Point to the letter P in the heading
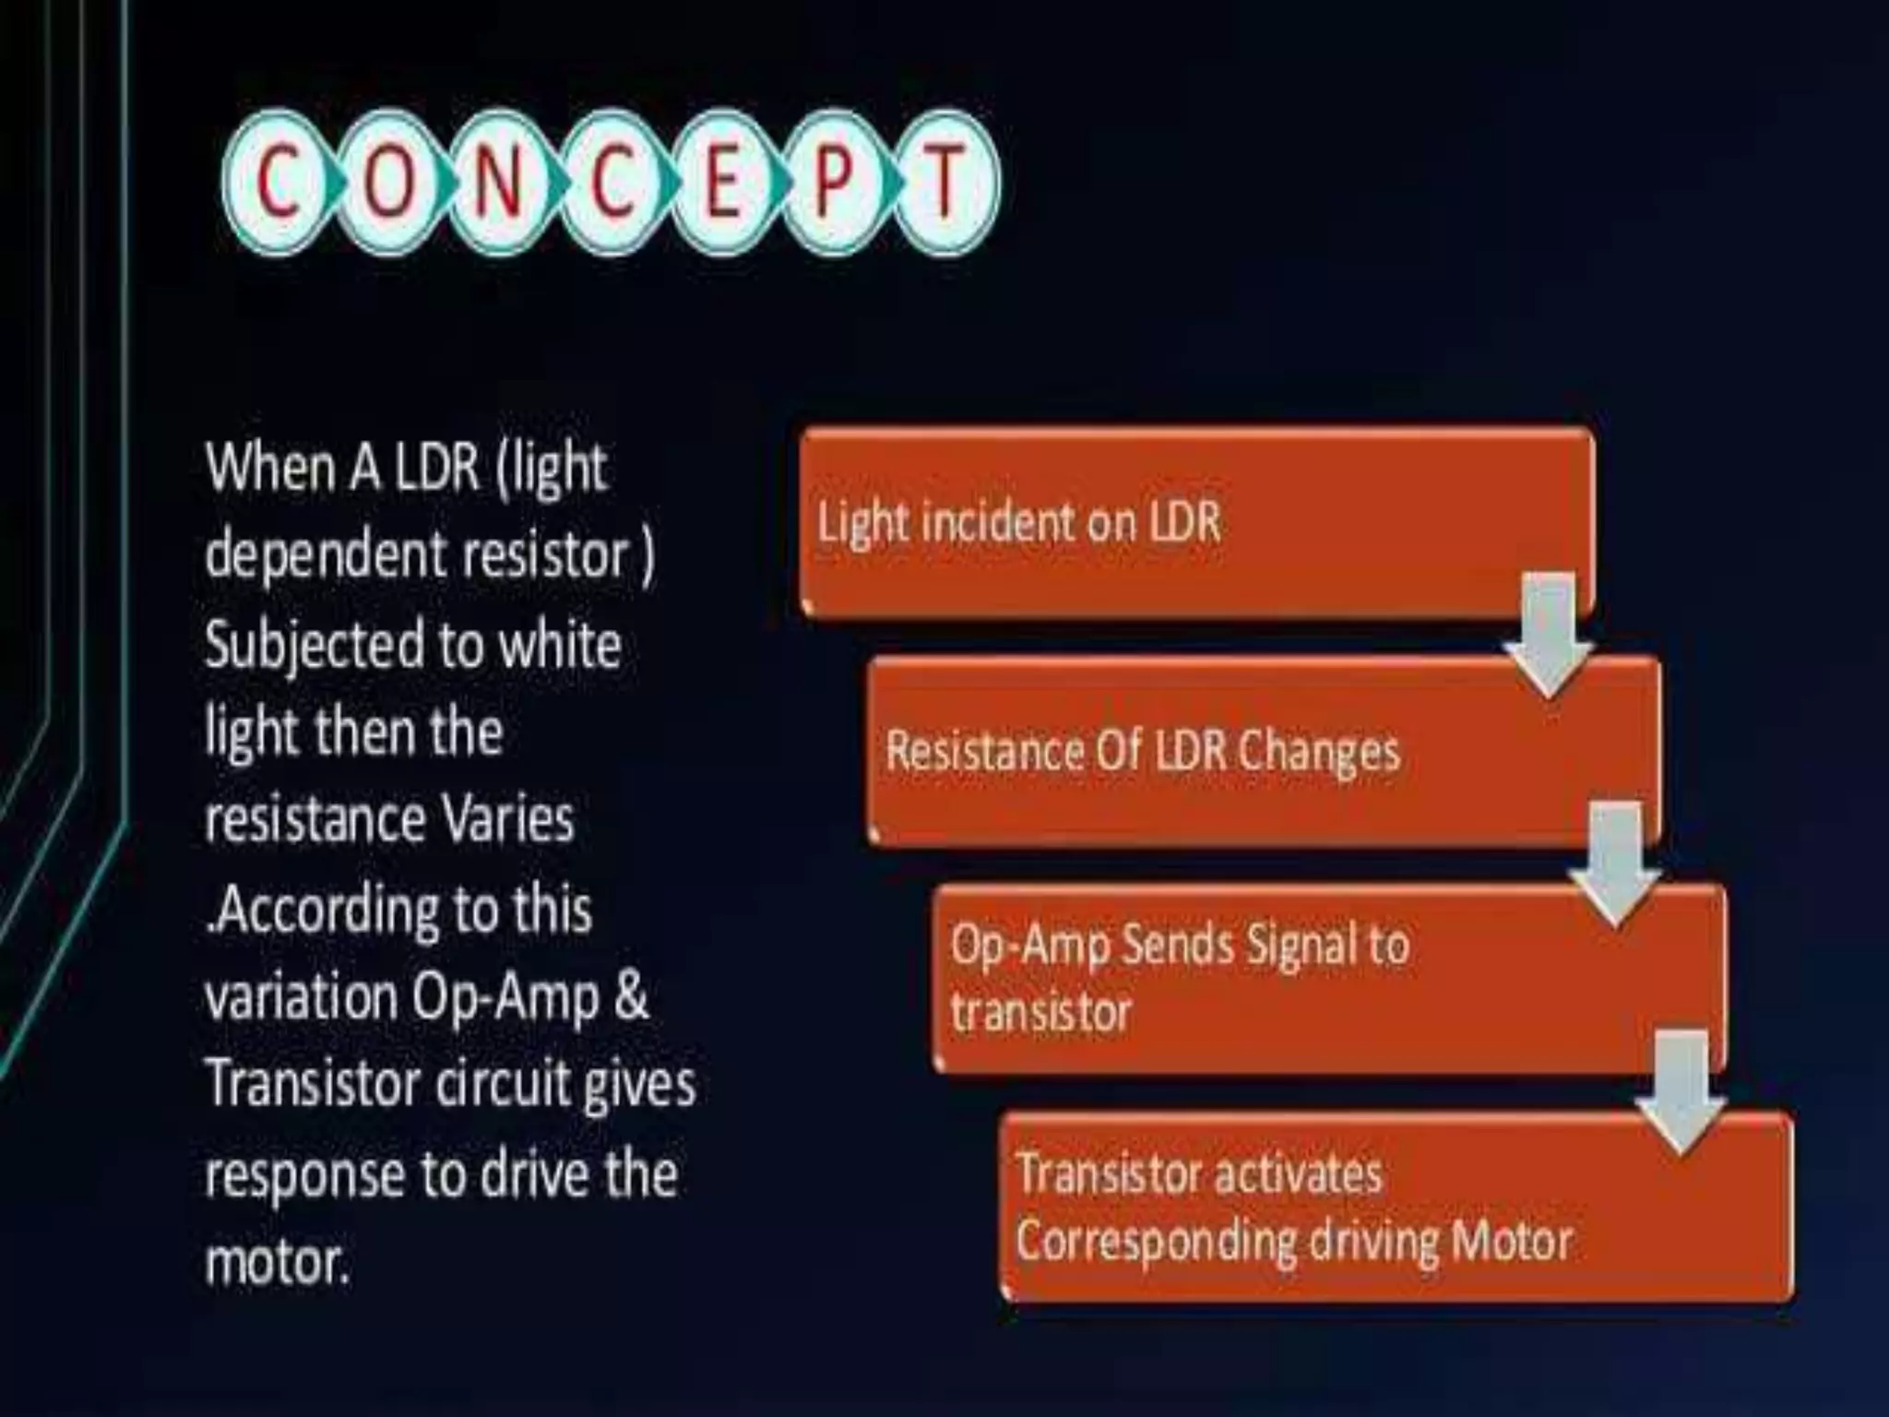tap(833, 183)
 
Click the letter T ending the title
tap(944, 183)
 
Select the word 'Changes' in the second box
tap(1318, 752)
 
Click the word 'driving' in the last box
tap(1373, 1241)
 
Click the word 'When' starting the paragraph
tap(268, 468)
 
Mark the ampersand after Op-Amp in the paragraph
tap(630, 996)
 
